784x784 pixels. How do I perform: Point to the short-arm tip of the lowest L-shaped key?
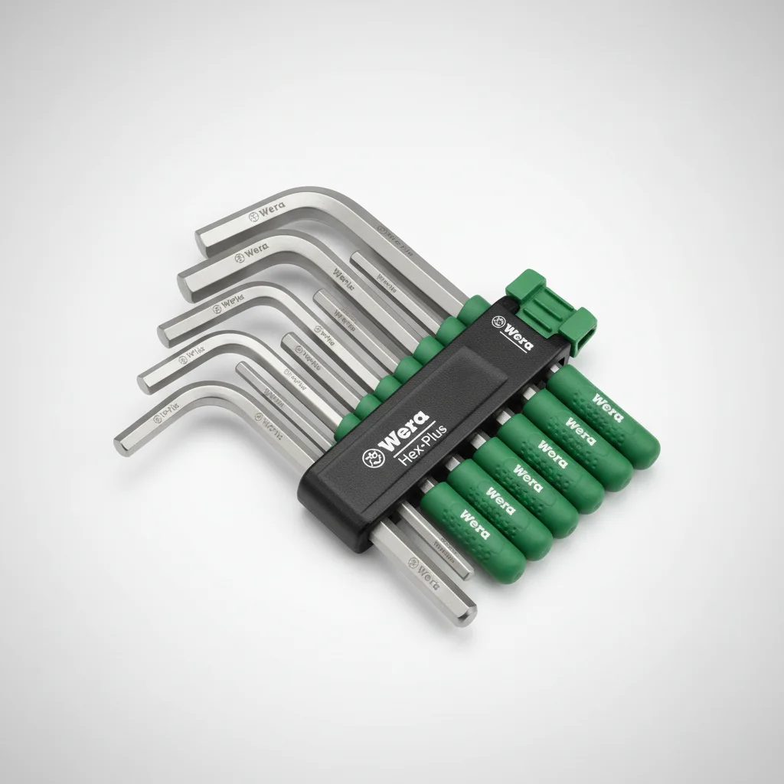(x=121, y=440)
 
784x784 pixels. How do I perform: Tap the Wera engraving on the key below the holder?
(x=423, y=570)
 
